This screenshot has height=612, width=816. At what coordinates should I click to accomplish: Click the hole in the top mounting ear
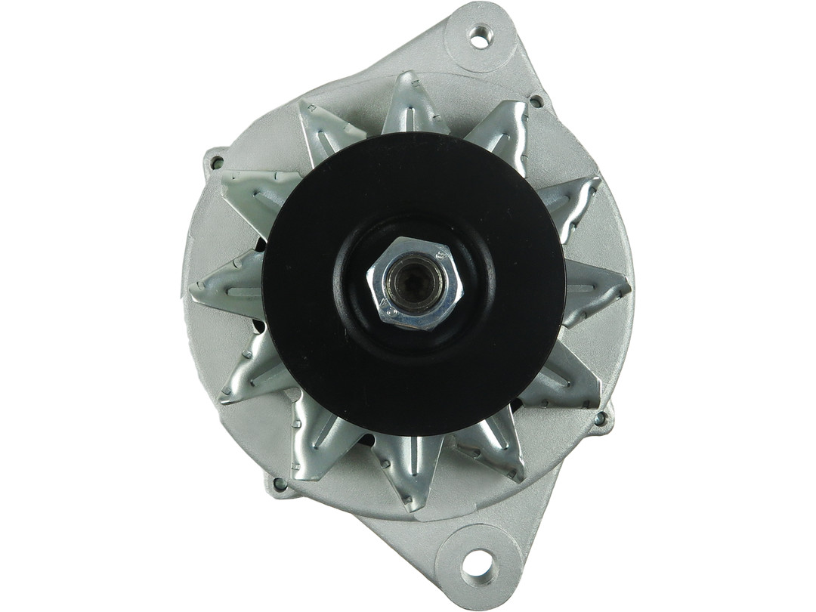click(x=480, y=36)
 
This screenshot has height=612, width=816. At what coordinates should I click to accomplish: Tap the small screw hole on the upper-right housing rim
click(x=536, y=100)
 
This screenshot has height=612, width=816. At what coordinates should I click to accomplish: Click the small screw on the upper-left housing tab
click(x=218, y=162)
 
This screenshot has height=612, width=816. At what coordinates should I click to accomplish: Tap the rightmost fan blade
click(x=597, y=291)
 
